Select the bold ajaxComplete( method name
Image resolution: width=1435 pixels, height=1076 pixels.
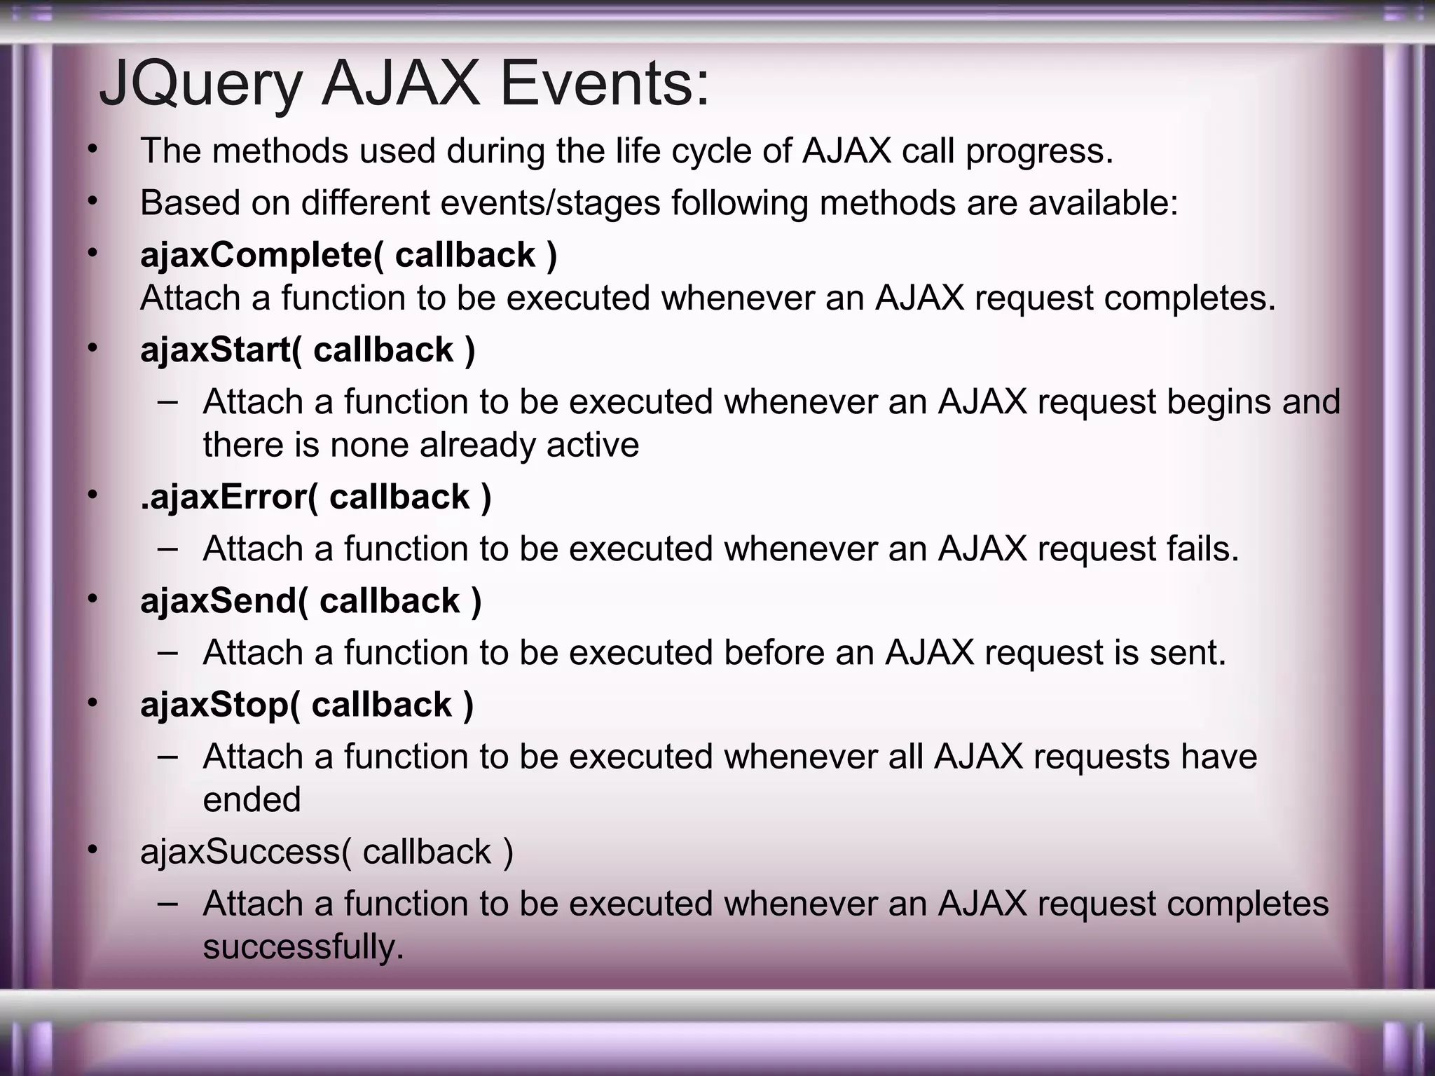(262, 255)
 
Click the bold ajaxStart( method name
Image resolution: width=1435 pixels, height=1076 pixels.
(221, 350)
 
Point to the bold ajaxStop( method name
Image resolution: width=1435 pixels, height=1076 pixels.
(220, 705)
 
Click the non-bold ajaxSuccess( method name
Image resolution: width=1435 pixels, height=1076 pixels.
(245, 853)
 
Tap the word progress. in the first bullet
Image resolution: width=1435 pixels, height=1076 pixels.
(1039, 152)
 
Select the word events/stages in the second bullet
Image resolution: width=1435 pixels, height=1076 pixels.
(550, 204)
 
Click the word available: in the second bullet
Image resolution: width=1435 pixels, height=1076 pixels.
(1104, 203)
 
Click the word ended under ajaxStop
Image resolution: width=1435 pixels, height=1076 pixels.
(252, 800)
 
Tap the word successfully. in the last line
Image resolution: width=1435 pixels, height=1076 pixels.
(303, 947)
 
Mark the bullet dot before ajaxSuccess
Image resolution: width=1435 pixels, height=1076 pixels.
(92, 849)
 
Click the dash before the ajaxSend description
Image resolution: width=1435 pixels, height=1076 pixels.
(167, 652)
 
